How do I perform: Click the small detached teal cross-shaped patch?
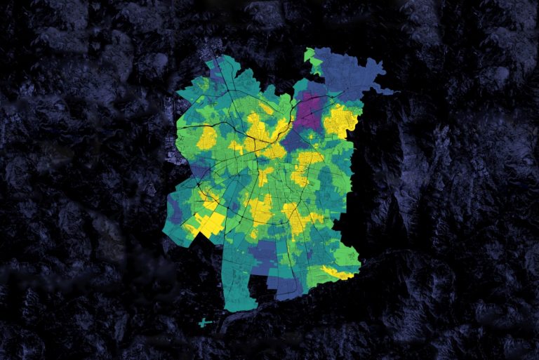click(x=204, y=323)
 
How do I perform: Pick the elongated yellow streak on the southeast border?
click(x=337, y=272)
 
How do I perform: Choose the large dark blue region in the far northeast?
click(x=351, y=70)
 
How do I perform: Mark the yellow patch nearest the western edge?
click(x=206, y=138)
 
